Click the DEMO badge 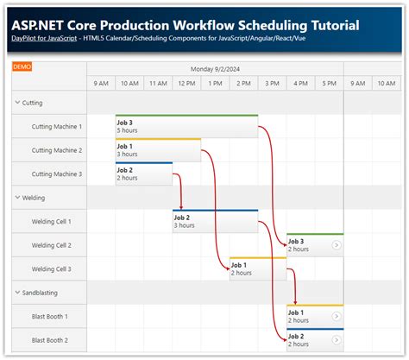pyautogui.click(x=22, y=66)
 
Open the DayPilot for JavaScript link pyautogui.click(x=41, y=40)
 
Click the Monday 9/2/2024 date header pyautogui.click(x=215, y=67)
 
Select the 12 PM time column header pyautogui.click(x=186, y=84)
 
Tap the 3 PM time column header pyautogui.click(x=272, y=84)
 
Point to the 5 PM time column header pyautogui.click(x=329, y=84)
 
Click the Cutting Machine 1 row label pyautogui.click(x=57, y=126)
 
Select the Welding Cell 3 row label pyautogui.click(x=57, y=269)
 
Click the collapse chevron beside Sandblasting pyautogui.click(x=18, y=293)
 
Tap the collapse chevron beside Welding pyautogui.click(x=18, y=198)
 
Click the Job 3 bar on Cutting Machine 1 pyautogui.click(x=186, y=126)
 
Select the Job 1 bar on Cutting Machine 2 pyautogui.click(x=158, y=150)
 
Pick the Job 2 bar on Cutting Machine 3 pyautogui.click(x=143, y=174)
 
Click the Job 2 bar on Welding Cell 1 pyautogui.click(x=215, y=222)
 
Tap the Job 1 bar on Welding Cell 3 pyautogui.click(x=257, y=269)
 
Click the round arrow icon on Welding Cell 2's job pyautogui.click(x=336, y=246)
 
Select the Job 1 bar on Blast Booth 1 pyautogui.click(x=314, y=317)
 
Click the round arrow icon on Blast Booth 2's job pyautogui.click(x=336, y=341)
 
